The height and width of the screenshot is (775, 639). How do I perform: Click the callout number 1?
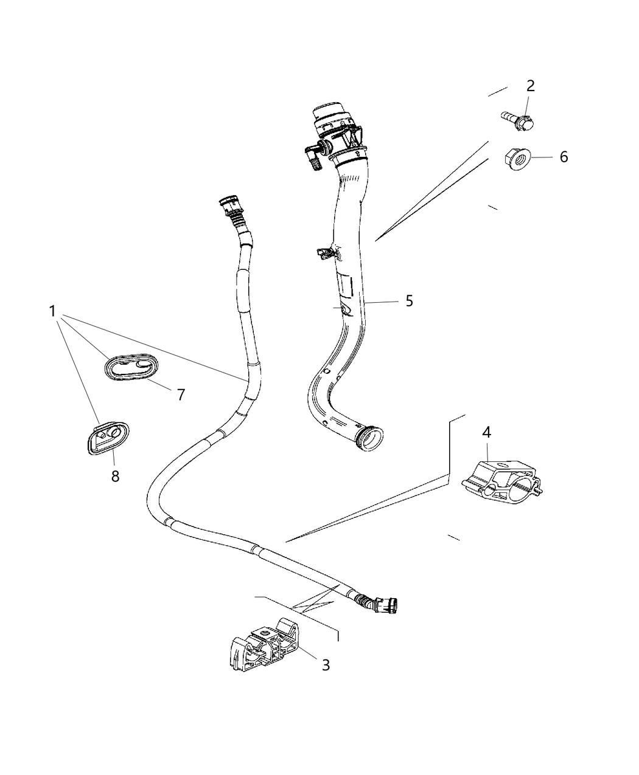pyautogui.click(x=53, y=311)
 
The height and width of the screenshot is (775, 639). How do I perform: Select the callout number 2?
pyautogui.click(x=530, y=86)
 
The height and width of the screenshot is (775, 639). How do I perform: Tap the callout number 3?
pyautogui.click(x=326, y=665)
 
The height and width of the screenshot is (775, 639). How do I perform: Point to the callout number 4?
pyautogui.click(x=486, y=432)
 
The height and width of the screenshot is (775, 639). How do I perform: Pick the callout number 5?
pyautogui.click(x=409, y=300)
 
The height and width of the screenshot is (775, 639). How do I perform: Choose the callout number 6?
pyautogui.click(x=564, y=157)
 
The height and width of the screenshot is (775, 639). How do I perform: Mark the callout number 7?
pyautogui.click(x=180, y=394)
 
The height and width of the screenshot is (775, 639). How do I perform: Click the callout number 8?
pyautogui.click(x=115, y=476)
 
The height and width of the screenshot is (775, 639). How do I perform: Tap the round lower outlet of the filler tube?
pyautogui.click(x=371, y=438)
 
